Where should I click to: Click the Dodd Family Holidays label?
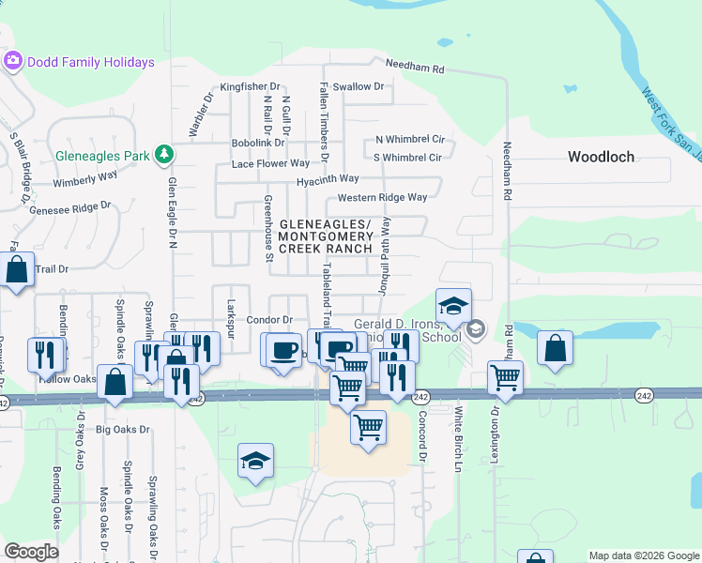[91, 63]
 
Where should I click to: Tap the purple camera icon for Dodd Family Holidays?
[13, 62]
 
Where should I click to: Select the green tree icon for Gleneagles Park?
[164, 153]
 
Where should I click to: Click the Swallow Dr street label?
[359, 86]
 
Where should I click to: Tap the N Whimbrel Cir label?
[409, 139]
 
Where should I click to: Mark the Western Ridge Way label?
[382, 198]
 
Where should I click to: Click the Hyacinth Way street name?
[328, 179]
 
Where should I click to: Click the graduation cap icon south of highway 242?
[255, 461]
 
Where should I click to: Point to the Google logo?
[31, 552]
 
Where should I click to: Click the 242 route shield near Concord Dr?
[420, 398]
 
